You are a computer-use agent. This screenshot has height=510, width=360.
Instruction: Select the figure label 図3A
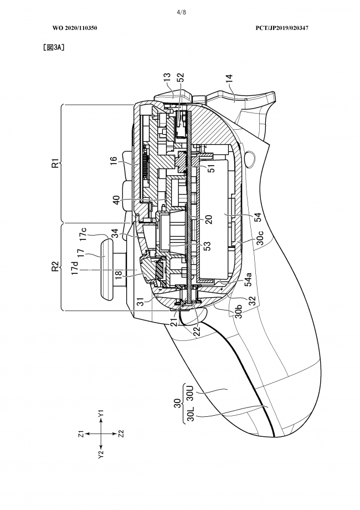(x=54, y=48)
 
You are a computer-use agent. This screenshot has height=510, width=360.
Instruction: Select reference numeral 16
(x=114, y=162)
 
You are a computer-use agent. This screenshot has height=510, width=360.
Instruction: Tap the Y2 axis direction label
(x=101, y=453)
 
